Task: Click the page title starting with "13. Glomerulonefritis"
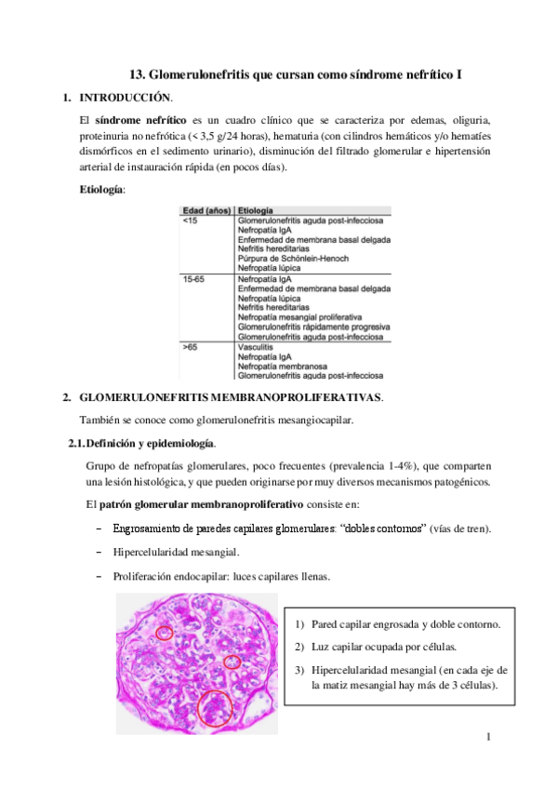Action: (295, 74)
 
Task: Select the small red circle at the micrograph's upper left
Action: (165, 633)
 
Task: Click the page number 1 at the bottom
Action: (486, 739)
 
